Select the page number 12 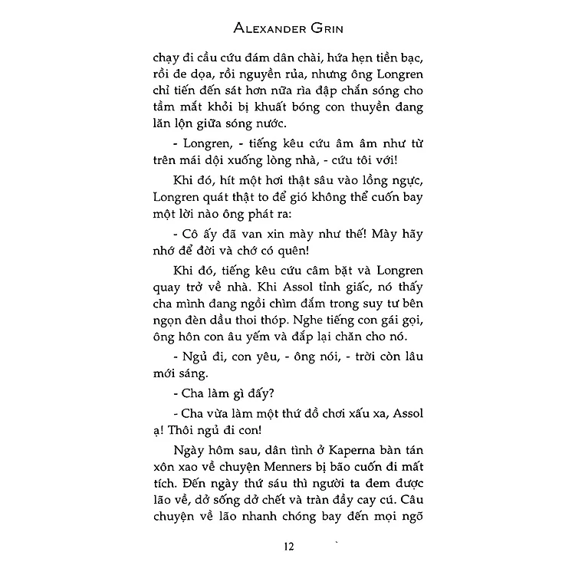click(x=287, y=546)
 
